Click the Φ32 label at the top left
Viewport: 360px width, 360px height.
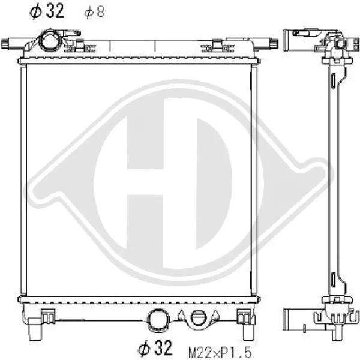47,11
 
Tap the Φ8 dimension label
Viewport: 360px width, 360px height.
94,12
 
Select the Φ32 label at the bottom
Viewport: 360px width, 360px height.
155,347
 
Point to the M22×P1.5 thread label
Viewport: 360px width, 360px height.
220,352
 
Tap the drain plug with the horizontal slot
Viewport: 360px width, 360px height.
199,318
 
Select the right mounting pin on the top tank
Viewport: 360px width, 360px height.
266,43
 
